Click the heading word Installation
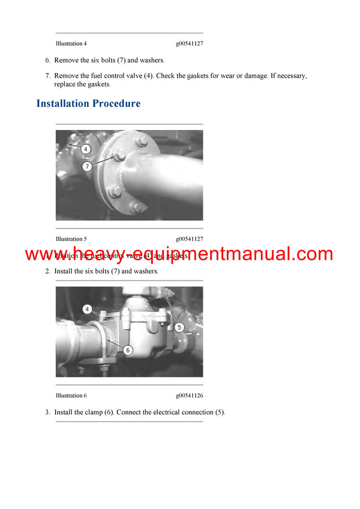pos(62,104)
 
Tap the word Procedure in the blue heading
pos(116,104)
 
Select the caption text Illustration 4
pos(71,44)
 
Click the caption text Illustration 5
pos(71,239)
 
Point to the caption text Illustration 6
pos(71,396)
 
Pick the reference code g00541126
pos(189,396)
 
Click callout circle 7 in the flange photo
pos(87,167)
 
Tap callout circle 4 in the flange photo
pos(86,149)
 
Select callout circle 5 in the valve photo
pos(179,327)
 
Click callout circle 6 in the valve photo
pos(128,350)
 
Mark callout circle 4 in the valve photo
pos(88,309)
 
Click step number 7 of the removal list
pos(47,76)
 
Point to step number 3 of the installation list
pos(47,412)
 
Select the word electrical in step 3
pos(164,412)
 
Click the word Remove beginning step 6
pos(65,60)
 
